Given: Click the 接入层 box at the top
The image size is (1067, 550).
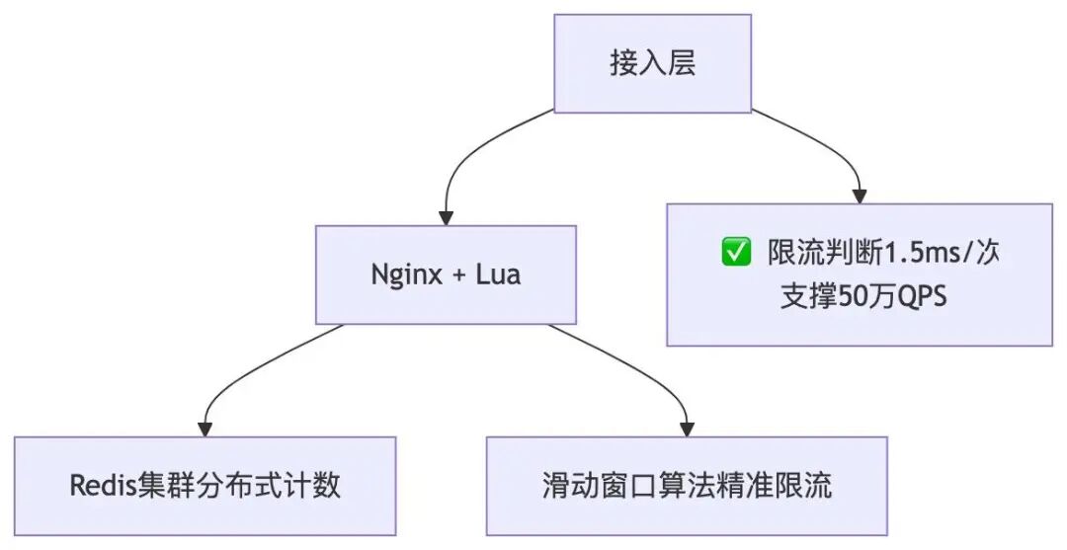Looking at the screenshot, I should tap(652, 64).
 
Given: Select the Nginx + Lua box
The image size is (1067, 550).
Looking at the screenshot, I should tap(446, 275).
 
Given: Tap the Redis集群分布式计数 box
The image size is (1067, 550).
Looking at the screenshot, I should tap(205, 486).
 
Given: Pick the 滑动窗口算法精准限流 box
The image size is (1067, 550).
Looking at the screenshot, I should tap(687, 486).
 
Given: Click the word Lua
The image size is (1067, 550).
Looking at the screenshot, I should tap(497, 275).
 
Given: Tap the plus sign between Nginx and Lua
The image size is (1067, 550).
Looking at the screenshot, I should tap(458, 275).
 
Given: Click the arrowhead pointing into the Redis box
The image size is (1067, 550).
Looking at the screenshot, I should tap(205, 429).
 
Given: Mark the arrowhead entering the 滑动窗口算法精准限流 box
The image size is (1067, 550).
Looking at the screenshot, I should tap(687, 429).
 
